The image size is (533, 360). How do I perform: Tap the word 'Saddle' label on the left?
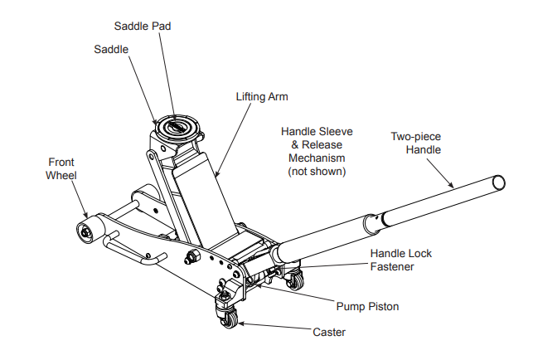pos(111,50)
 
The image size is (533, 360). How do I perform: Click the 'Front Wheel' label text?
pos(61,168)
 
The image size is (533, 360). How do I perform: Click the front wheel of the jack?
pos(85,230)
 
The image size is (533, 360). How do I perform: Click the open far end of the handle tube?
pos(497,182)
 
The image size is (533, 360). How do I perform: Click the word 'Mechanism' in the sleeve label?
pos(316,158)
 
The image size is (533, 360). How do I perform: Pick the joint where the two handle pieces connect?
pos(378,220)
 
